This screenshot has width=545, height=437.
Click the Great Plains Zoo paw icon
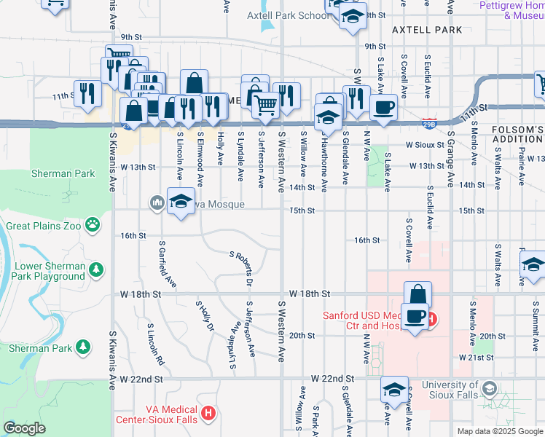[x=93, y=225]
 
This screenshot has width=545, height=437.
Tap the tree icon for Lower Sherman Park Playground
[x=96, y=271]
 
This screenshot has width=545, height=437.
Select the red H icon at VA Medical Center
[x=209, y=414]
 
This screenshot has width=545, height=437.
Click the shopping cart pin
[x=265, y=104]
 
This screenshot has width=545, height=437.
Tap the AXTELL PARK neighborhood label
[x=427, y=30]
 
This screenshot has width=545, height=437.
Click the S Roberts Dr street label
[x=242, y=268]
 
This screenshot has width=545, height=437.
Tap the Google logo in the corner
[x=24, y=428]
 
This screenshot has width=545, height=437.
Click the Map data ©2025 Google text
[x=500, y=431]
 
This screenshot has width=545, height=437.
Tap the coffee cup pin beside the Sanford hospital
[x=415, y=316]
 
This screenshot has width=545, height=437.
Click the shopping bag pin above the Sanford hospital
[x=417, y=294]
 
